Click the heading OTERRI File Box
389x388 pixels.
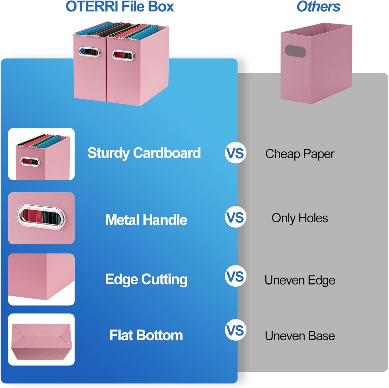[x=120, y=7]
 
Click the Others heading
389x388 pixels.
[x=318, y=7]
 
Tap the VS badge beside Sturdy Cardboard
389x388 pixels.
[x=236, y=153]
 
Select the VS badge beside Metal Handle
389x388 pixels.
[x=236, y=217]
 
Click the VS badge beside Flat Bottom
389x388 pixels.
[x=236, y=330]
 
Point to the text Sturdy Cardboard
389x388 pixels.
[x=144, y=153]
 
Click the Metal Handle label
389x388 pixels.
[x=146, y=220]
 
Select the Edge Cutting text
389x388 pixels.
[x=146, y=279]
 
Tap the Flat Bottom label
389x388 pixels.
[x=146, y=335]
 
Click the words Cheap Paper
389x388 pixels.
[x=300, y=154]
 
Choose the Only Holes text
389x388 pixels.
[x=300, y=218]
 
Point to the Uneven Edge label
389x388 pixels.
[x=300, y=280]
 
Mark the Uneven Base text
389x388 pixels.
[x=300, y=336]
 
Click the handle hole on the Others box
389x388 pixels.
[x=295, y=51]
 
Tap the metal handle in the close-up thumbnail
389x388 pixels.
[x=41, y=217]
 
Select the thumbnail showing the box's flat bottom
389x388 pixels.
[x=41, y=339]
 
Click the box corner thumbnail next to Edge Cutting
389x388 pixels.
[x=41, y=279]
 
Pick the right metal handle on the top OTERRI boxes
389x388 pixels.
[x=123, y=55]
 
